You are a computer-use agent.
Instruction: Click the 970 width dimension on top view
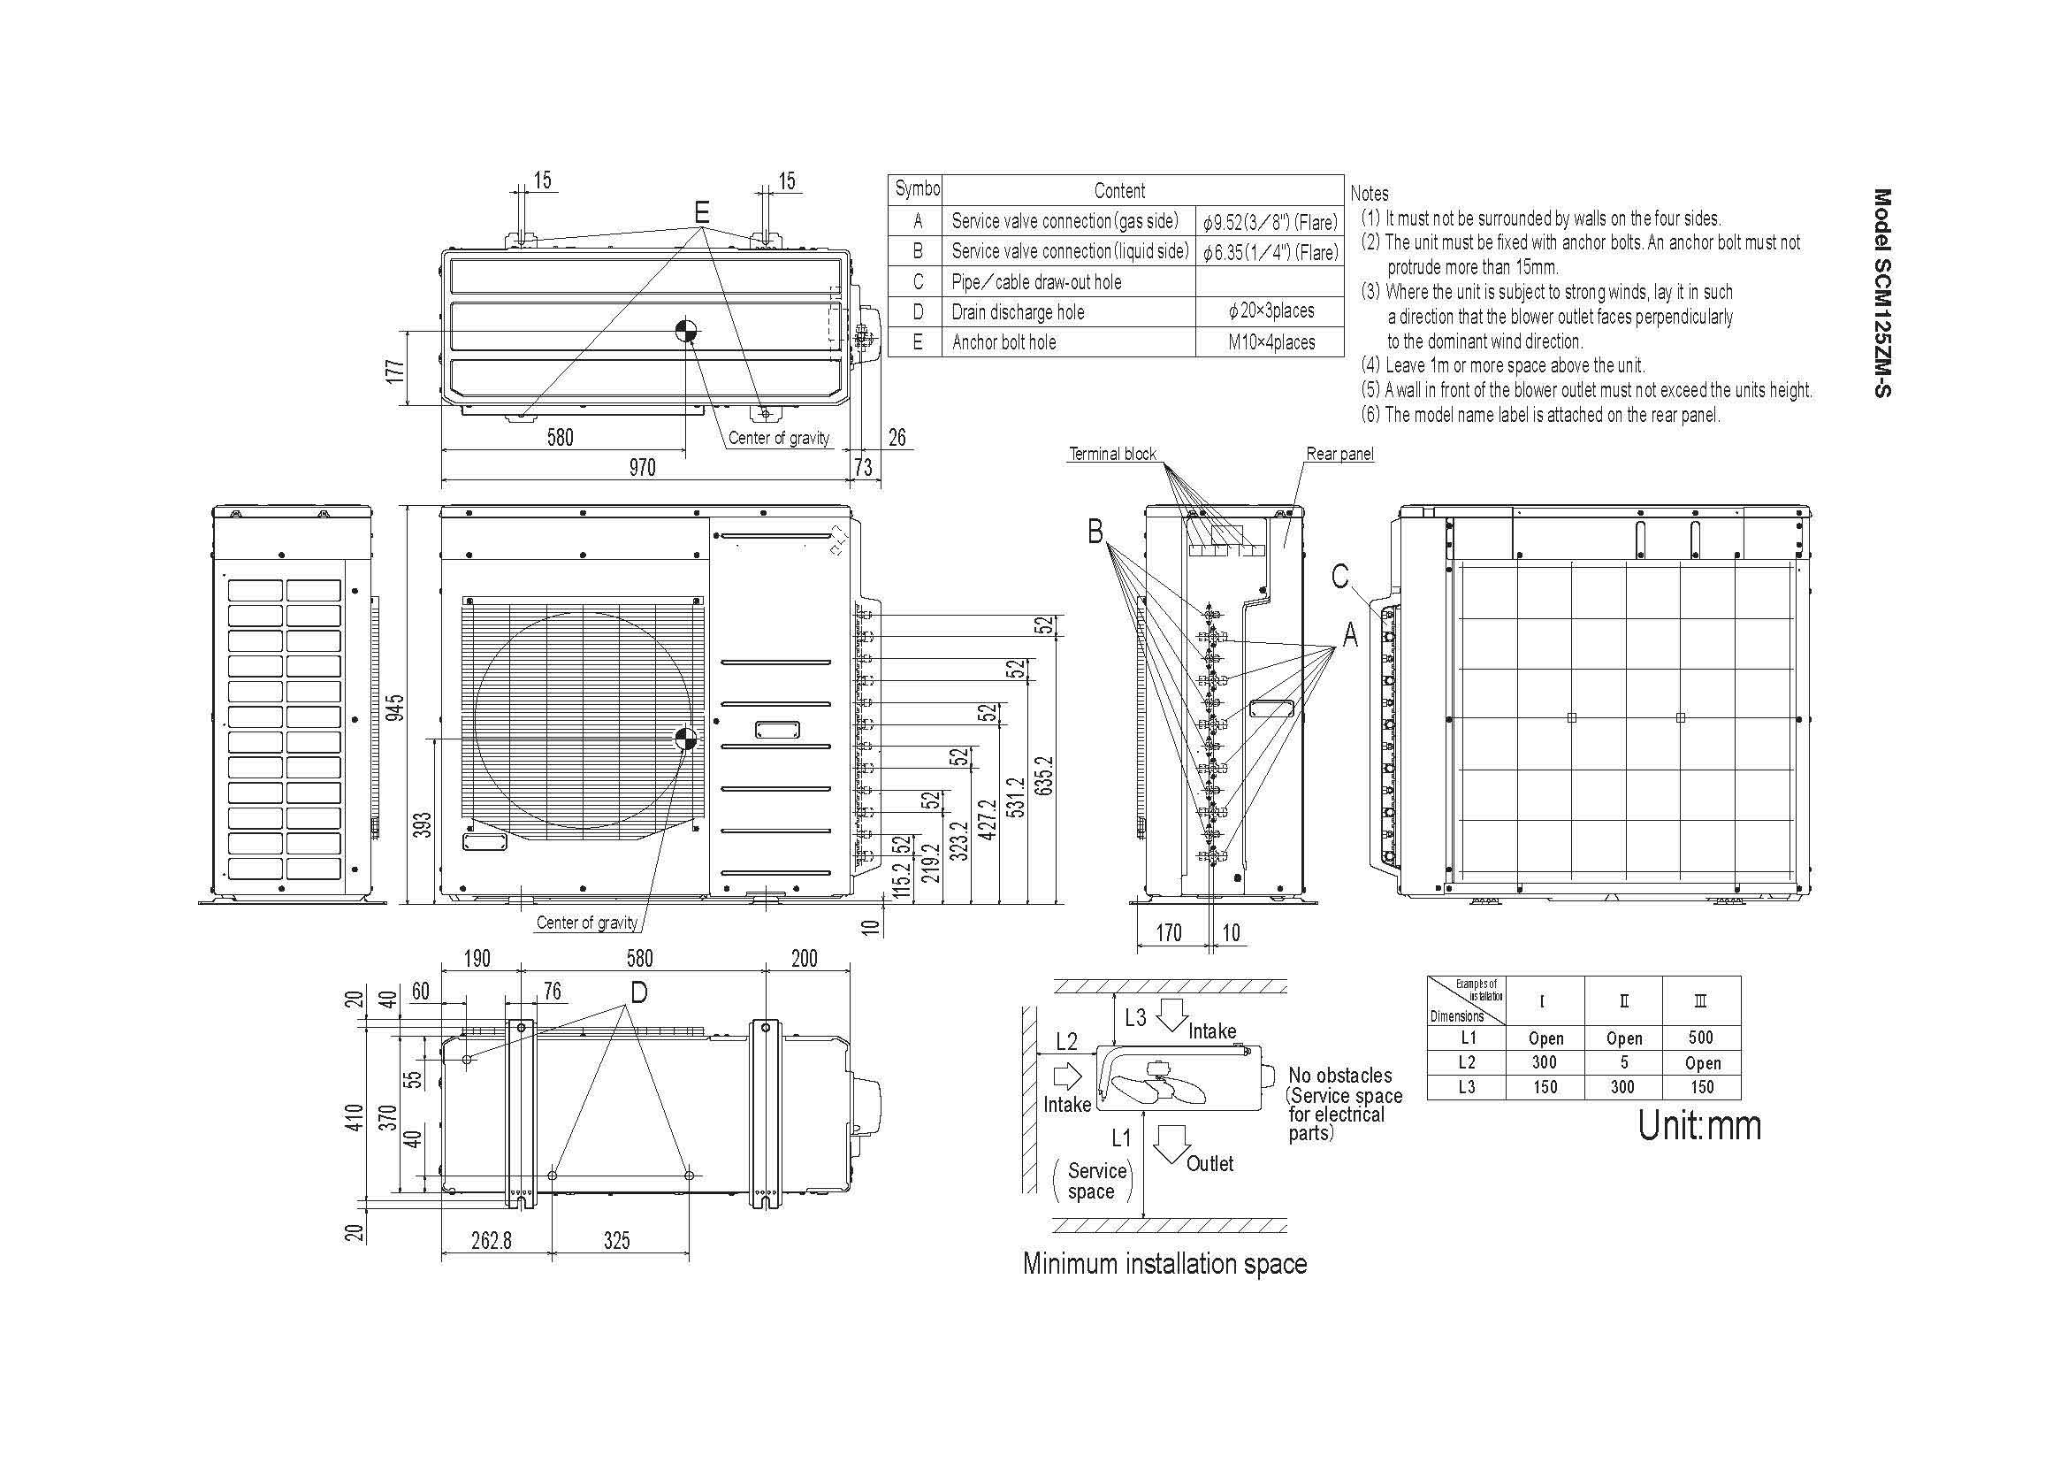point(642,467)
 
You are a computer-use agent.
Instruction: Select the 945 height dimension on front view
point(394,708)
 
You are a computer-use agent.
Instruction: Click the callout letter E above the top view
point(702,212)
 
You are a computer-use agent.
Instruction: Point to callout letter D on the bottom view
point(638,992)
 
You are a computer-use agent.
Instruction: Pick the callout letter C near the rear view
point(1340,576)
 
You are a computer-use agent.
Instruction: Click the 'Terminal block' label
point(1112,454)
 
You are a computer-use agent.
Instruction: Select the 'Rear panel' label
point(1340,454)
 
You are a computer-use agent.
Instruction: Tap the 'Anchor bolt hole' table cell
point(1004,342)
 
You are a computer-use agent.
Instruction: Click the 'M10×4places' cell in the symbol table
point(1271,342)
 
